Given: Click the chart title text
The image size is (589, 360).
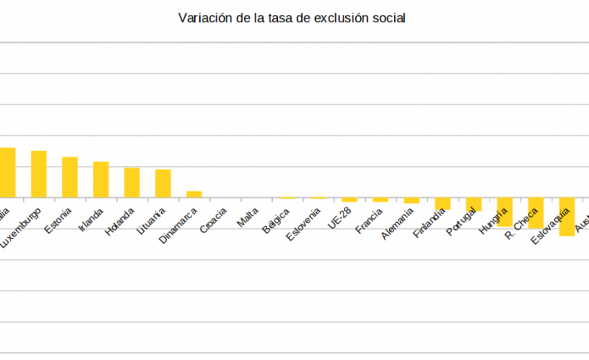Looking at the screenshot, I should click(x=292, y=17).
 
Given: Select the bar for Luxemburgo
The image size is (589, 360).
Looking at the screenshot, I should click(x=38, y=173).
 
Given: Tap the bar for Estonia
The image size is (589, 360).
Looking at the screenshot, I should click(x=70, y=177).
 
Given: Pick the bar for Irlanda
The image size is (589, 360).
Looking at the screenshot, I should click(x=100, y=179).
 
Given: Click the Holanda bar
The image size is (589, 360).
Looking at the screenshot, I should click(x=132, y=182).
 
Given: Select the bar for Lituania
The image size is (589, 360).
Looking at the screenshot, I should click(x=163, y=183).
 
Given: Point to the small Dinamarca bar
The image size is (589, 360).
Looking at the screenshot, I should click(x=194, y=194).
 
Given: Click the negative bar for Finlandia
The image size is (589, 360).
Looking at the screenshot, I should click(x=443, y=203).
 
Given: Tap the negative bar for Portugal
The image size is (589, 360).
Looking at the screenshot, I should click(x=474, y=205).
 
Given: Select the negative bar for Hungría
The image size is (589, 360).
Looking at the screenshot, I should click(x=504, y=212).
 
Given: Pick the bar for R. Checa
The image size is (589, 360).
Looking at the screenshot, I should click(x=536, y=213).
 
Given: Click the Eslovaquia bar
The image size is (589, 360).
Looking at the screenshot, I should click(x=567, y=216).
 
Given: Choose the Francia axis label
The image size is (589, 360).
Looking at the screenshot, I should click(x=370, y=221).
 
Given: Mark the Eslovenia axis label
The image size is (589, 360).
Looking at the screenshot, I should click(x=306, y=223).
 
